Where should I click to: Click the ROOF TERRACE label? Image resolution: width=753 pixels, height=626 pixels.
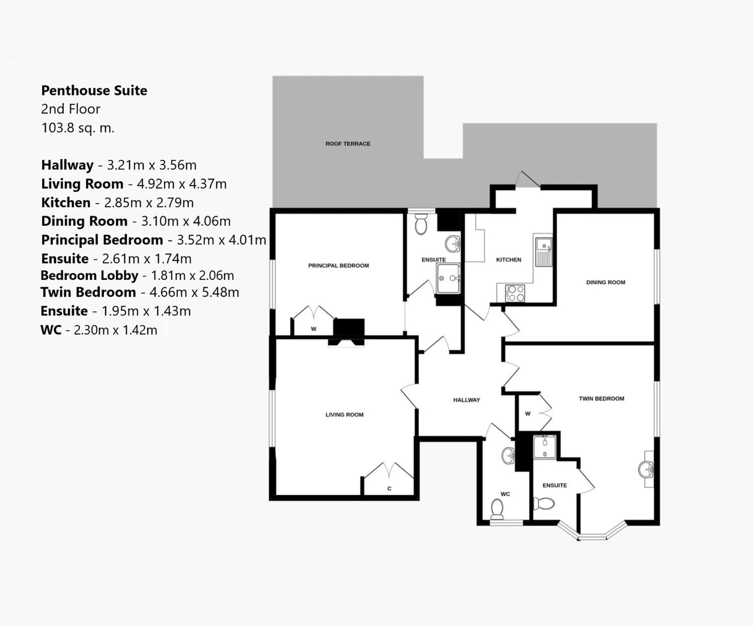point(348,144)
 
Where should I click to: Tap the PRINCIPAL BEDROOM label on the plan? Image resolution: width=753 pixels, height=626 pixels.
point(338,266)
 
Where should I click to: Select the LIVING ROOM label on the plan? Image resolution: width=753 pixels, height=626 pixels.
point(344,415)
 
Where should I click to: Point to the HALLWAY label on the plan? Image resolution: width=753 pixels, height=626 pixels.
point(466,400)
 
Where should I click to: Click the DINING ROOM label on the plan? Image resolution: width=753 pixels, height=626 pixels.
point(605,282)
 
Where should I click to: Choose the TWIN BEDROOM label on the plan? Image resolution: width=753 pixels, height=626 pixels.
point(601,398)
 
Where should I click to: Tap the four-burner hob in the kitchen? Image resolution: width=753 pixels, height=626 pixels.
point(515,293)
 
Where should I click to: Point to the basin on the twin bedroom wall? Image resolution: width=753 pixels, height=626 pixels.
point(646,469)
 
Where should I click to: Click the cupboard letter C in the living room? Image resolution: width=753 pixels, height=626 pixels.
point(389,489)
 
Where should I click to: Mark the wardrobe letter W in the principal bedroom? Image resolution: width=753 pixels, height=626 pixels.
point(313,329)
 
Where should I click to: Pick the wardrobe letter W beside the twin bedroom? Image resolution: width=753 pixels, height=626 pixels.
point(527,413)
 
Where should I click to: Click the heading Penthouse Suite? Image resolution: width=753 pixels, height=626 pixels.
point(94,90)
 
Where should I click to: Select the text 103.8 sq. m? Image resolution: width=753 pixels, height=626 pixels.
point(78,128)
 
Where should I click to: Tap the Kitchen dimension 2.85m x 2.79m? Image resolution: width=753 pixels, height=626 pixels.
point(149,202)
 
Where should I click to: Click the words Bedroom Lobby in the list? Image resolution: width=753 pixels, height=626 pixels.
point(90,275)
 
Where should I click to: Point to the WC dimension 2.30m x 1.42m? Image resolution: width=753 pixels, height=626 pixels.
point(115,330)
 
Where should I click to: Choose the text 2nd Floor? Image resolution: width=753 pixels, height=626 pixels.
point(71,109)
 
